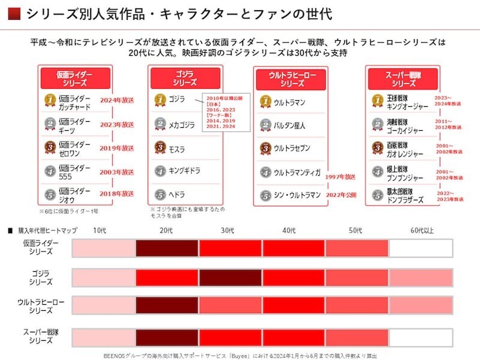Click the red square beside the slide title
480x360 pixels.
[16, 13]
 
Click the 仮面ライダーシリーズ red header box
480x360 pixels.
[75, 78]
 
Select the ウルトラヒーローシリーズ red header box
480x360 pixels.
[292, 79]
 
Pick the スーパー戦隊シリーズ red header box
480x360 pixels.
[401, 78]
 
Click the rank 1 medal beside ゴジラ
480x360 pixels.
[160, 99]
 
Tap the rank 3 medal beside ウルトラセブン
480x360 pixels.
[266, 148]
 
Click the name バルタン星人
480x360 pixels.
[289, 125]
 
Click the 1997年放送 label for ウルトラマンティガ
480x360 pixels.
[340, 177]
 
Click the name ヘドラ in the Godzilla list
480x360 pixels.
[178, 194]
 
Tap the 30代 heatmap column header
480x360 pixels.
[230, 230]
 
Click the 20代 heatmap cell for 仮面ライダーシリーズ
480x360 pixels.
[167, 248]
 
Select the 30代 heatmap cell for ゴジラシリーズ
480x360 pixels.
[230, 277]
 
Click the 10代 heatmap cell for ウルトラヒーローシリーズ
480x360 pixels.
[104, 306]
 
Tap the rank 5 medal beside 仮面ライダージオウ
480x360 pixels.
[52, 194]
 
